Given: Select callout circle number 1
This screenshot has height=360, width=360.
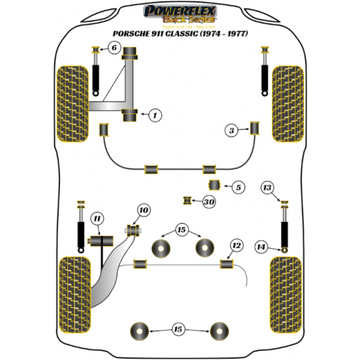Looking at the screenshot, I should click(155, 115).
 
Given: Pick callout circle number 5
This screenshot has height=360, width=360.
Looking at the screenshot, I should click(238, 188).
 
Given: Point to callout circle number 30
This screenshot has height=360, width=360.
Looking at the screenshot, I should click(208, 202).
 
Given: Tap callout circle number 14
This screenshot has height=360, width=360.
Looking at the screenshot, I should click(261, 245).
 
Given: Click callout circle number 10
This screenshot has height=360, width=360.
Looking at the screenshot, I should click(143, 210).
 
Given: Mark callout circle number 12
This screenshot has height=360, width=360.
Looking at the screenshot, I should click(236, 245).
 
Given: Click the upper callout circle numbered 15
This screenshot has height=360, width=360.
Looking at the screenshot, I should click(181, 229).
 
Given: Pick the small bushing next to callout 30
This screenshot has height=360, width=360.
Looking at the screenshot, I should click(188, 199).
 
